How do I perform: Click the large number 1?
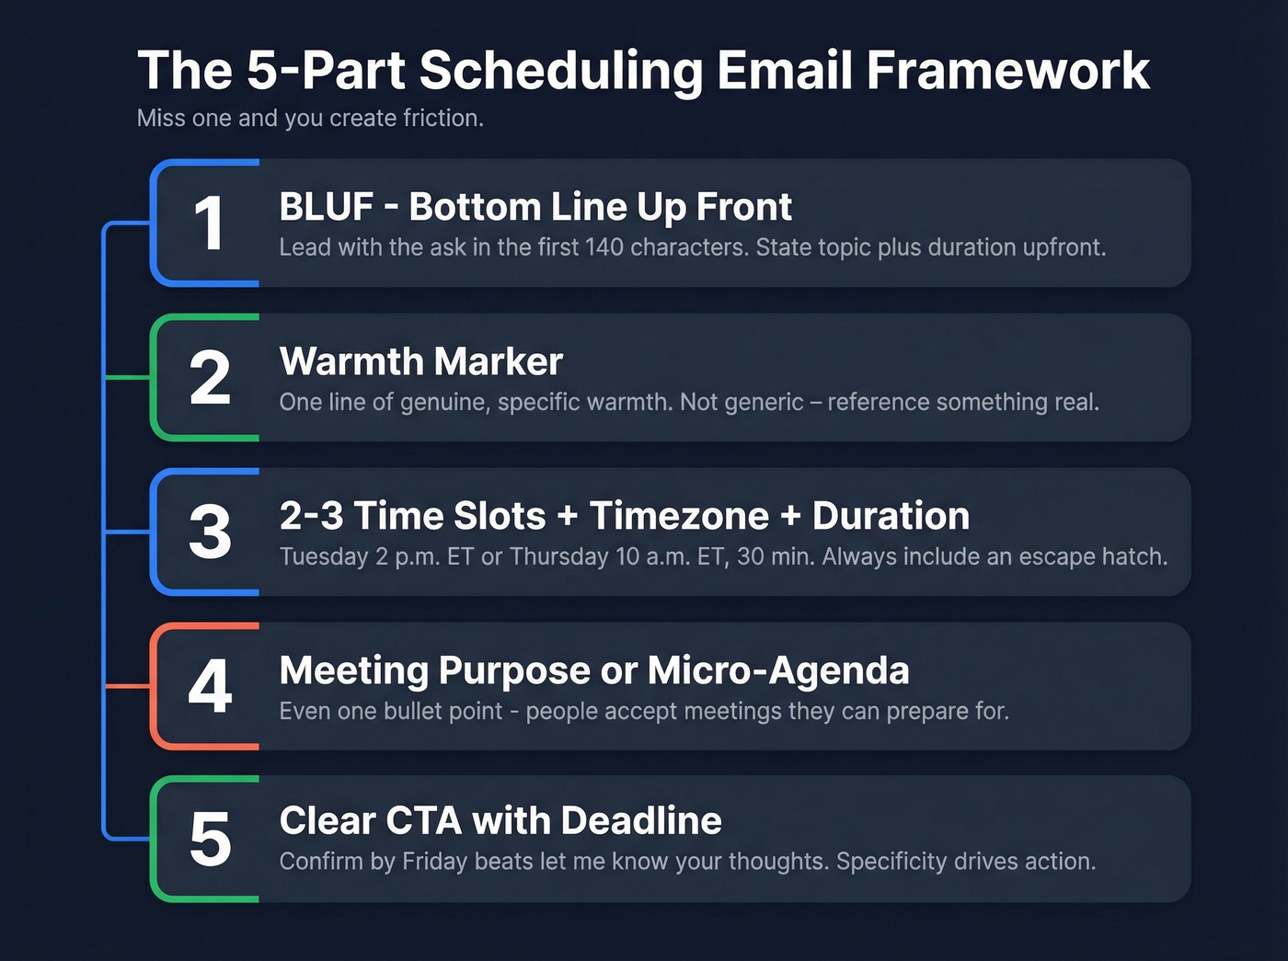210,223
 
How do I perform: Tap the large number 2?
210,378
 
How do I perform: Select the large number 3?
210,532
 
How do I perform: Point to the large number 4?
210,687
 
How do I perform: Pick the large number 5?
210,840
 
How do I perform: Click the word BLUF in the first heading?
327,207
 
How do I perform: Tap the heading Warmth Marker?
420,361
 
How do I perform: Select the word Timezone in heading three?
679,516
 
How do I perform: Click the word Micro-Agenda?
778,670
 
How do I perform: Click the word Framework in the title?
1008,70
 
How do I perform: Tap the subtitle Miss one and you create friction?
310,118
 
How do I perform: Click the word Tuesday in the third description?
324,556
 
